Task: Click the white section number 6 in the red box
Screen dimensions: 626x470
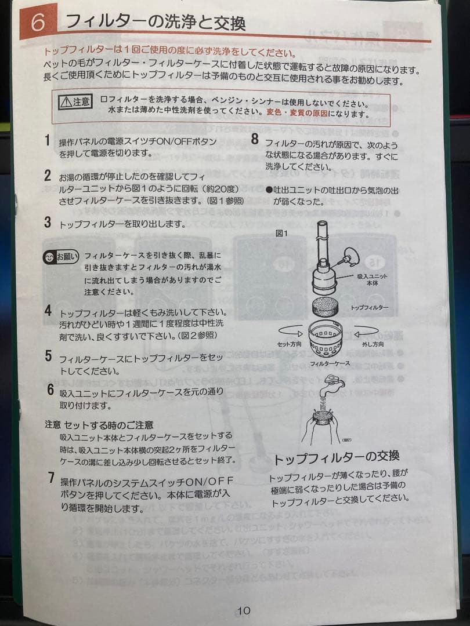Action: pyautogui.click(x=38, y=22)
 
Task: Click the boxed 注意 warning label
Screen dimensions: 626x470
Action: pyautogui.click(x=75, y=102)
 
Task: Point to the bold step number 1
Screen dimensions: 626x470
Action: pyautogui.click(x=47, y=140)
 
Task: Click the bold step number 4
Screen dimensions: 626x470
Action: pyautogui.click(x=48, y=310)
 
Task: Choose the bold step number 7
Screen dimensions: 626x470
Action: pyautogui.click(x=52, y=478)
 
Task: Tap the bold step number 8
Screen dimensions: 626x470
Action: pyautogui.click(x=254, y=139)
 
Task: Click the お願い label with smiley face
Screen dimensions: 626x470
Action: pyautogui.click(x=60, y=256)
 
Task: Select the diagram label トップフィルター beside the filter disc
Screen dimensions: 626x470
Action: pyautogui.click(x=370, y=307)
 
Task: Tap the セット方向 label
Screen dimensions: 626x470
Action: pyautogui.click(x=287, y=344)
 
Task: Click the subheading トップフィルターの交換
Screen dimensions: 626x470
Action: pyautogui.click(x=337, y=458)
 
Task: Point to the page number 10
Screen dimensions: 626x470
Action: pyautogui.click(x=244, y=594)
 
